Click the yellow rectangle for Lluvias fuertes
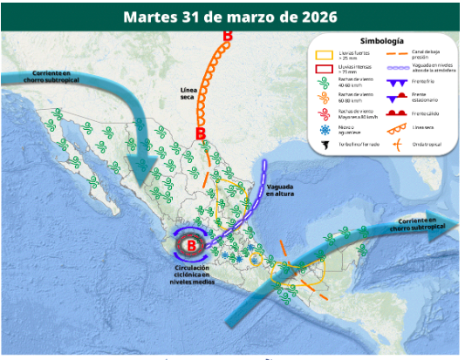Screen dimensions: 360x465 tap(324, 54)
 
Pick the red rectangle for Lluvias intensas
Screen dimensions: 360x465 tap(324, 68)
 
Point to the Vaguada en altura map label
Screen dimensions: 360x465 tap(281, 191)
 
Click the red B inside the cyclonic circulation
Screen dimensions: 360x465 tap(191, 244)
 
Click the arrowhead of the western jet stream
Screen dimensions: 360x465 tap(140, 166)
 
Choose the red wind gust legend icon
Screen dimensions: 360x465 tap(324, 112)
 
